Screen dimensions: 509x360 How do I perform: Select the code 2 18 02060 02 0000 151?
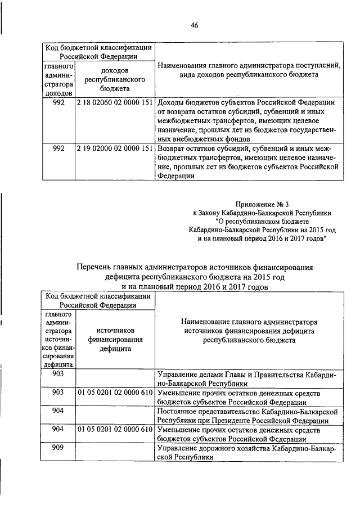tap(115, 102)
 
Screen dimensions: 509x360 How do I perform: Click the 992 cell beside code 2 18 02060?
tap(58, 102)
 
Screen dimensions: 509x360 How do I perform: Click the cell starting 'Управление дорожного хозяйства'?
tap(247, 453)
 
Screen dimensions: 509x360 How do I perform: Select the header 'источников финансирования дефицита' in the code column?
tap(115, 340)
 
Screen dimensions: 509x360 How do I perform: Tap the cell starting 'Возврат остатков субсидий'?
tap(247, 161)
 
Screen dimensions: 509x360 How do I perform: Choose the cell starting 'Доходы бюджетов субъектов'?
tap(247, 120)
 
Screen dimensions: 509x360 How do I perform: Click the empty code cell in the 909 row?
tap(115, 453)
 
